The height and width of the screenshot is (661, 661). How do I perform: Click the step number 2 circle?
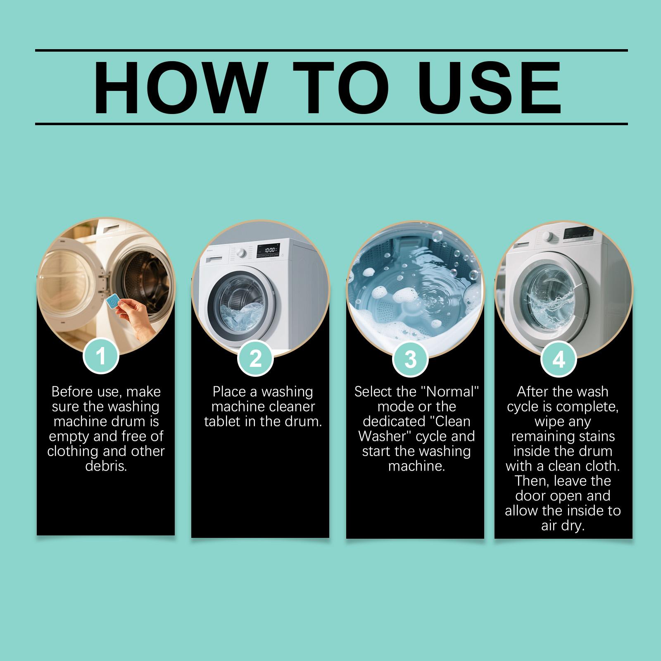[x=256, y=358]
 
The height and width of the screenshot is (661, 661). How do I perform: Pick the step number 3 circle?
[x=410, y=359]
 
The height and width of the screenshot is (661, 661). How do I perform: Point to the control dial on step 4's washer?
[x=549, y=236]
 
